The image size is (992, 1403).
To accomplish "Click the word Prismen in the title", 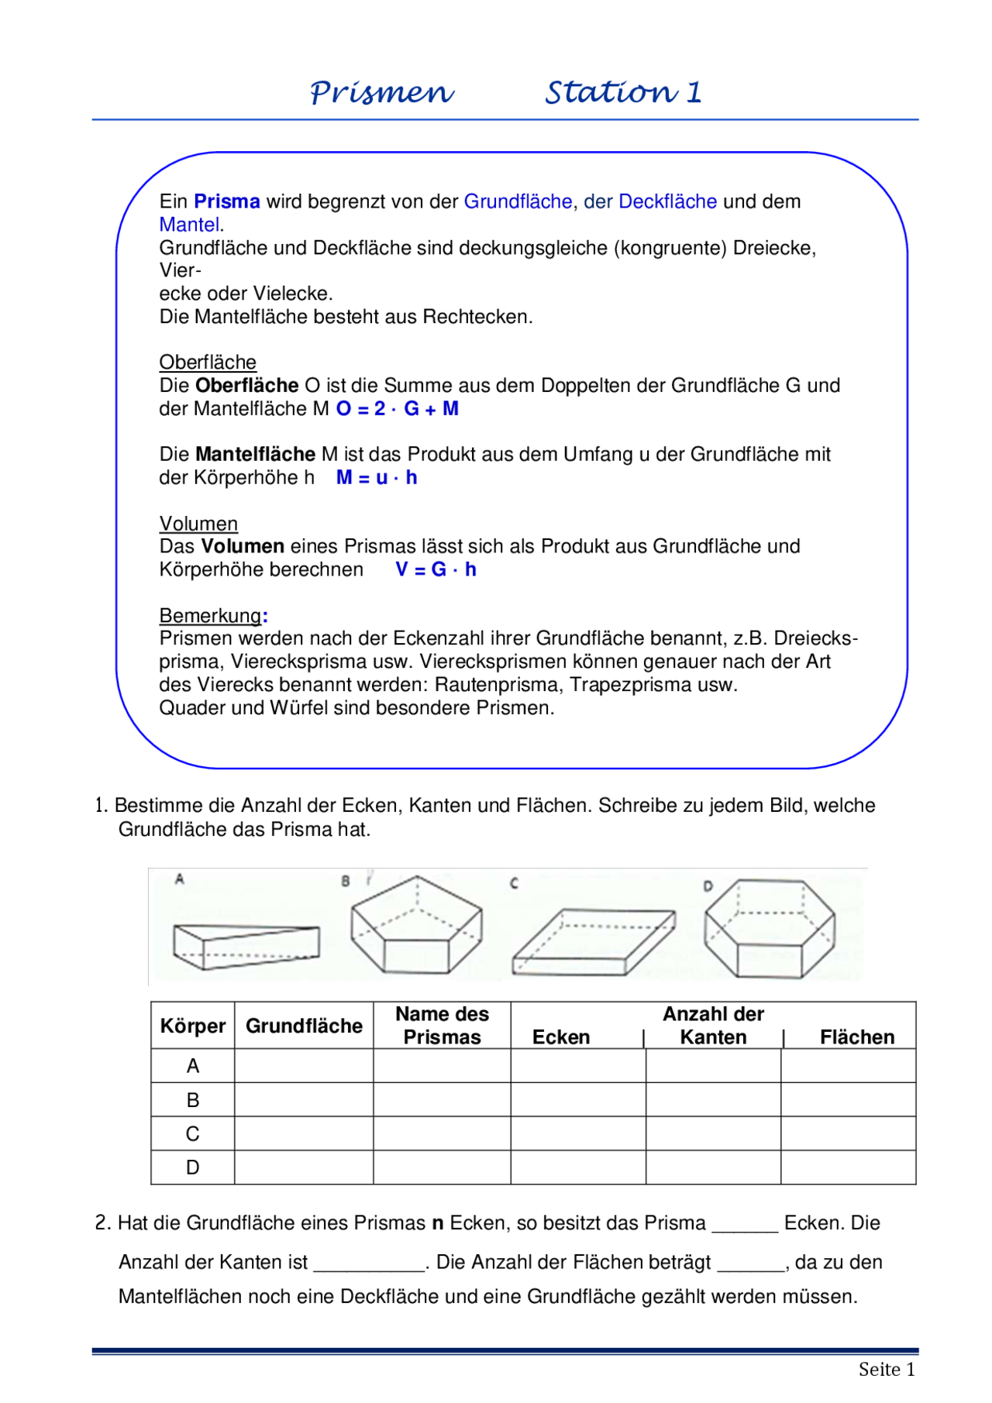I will click(x=381, y=92).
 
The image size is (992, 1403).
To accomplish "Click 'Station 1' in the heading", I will click(x=623, y=92).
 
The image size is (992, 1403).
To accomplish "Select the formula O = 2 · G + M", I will click(x=397, y=409).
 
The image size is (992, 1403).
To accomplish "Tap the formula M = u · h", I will click(x=377, y=478).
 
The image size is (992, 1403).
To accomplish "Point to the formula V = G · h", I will click(x=436, y=570).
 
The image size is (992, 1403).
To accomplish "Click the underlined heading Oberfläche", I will click(x=208, y=363).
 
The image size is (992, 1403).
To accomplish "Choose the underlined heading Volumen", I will click(x=198, y=524).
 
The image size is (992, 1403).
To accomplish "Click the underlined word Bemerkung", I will click(x=211, y=616).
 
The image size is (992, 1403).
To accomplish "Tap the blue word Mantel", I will click(x=189, y=225).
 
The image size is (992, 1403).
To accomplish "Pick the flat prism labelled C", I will click(x=593, y=942).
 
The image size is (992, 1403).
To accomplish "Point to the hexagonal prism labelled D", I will click(x=769, y=929).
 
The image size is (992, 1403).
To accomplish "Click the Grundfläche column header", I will click(x=304, y=1026).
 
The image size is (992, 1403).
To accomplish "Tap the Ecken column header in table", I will click(x=561, y=1038).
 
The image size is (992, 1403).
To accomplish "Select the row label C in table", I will click(x=193, y=1134).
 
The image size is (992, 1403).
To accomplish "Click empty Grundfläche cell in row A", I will click(x=304, y=1067).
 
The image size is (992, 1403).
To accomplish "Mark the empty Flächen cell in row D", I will click(x=848, y=1167).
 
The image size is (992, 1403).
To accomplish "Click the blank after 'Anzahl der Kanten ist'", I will click(x=370, y=1264).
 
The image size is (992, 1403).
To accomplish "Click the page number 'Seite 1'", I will click(x=887, y=1370).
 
